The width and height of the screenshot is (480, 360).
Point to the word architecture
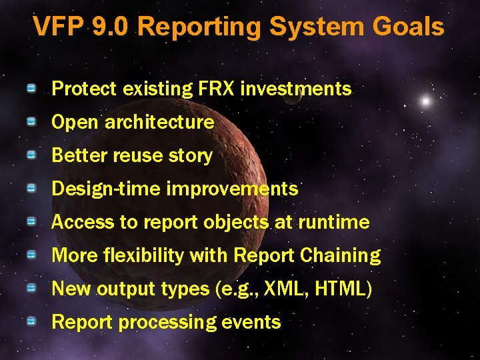click(x=159, y=122)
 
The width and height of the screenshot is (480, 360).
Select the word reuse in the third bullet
click(x=137, y=155)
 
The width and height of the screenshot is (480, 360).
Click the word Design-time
click(x=106, y=189)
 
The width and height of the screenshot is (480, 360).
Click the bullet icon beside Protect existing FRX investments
click(x=31, y=88)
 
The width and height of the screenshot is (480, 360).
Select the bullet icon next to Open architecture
click(x=31, y=121)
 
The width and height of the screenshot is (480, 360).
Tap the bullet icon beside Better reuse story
click(x=31, y=155)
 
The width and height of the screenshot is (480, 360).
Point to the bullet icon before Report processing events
click(x=31, y=321)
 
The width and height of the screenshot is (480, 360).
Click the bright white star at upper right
click(x=425, y=101)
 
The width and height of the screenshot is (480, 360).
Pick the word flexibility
click(x=135, y=255)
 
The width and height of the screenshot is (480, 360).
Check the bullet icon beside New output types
click(x=31, y=288)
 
